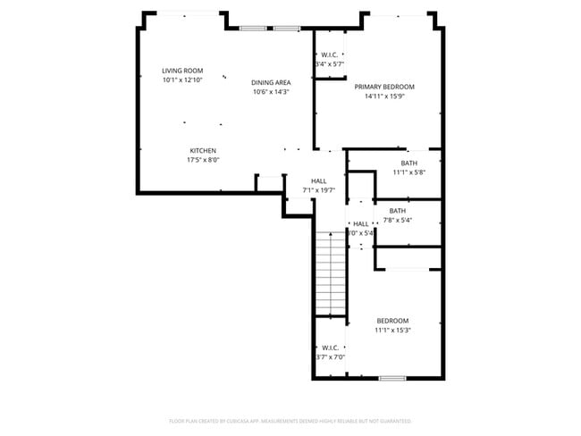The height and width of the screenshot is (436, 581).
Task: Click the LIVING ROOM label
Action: (x=182, y=71)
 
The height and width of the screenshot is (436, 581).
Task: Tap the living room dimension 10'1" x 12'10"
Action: (x=182, y=80)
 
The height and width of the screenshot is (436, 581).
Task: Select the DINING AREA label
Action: (x=270, y=82)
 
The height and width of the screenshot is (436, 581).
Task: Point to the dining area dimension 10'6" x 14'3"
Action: (x=270, y=92)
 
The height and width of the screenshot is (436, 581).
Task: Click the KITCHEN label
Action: (x=202, y=150)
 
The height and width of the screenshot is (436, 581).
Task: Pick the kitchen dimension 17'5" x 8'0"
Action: (x=202, y=160)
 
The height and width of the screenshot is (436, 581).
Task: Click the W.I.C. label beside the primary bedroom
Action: (x=329, y=54)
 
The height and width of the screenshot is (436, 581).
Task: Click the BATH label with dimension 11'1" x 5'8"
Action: (x=408, y=163)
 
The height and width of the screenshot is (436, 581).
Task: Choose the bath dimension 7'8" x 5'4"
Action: (x=397, y=220)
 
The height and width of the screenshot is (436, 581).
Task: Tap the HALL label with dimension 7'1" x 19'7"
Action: (x=318, y=180)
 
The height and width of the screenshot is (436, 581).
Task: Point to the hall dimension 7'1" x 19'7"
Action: (x=318, y=189)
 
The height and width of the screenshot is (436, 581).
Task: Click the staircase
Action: (x=330, y=272)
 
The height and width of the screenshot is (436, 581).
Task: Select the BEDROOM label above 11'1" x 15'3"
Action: (x=392, y=321)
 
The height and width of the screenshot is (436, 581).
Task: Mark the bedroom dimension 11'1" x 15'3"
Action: (x=392, y=331)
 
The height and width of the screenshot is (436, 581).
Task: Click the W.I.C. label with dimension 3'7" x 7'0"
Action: (x=329, y=348)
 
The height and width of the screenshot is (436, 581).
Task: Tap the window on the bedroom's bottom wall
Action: (x=392, y=378)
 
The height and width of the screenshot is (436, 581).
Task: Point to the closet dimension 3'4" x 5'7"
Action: (x=329, y=64)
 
